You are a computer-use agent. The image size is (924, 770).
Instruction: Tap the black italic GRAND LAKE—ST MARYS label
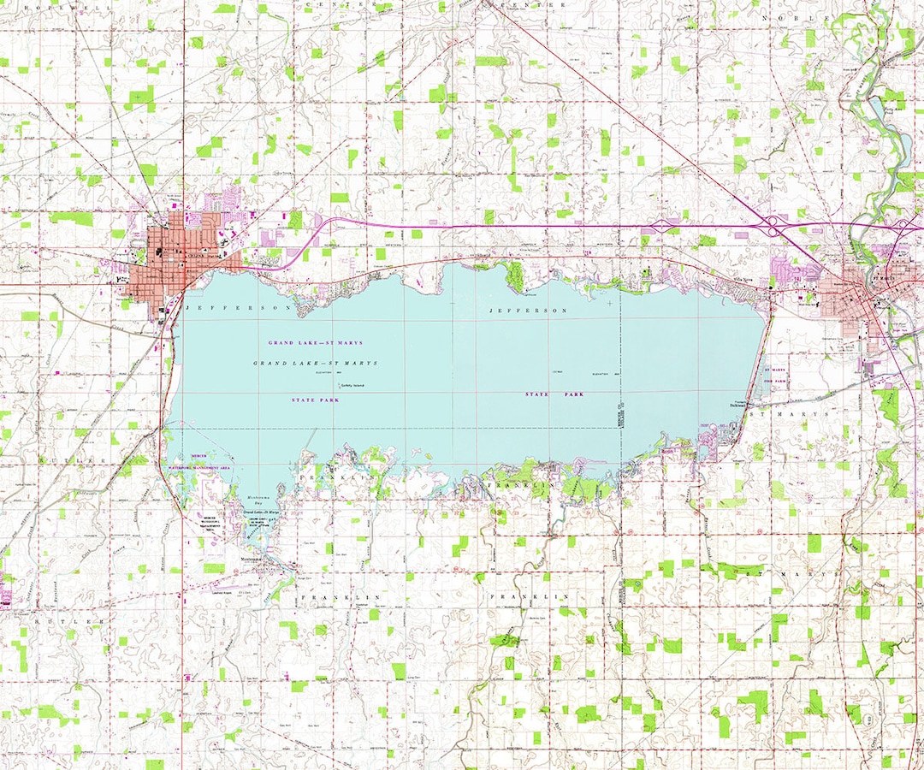click(x=315, y=364)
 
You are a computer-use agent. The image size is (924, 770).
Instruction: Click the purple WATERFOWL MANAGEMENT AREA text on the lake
click(x=198, y=469)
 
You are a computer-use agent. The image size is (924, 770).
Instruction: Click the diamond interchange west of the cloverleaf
click(x=661, y=226)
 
